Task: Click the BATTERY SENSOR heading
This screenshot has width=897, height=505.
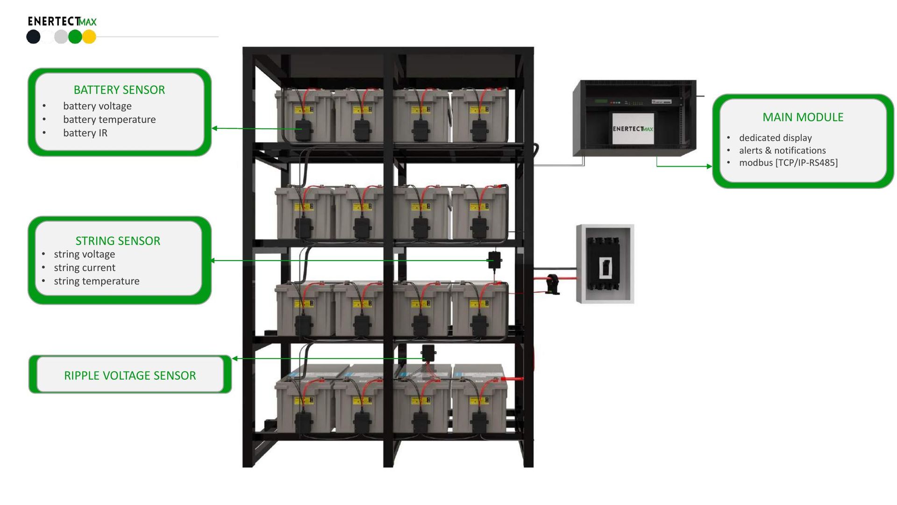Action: pyautogui.click(x=119, y=90)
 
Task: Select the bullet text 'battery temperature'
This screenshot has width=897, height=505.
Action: pyautogui.click(x=109, y=120)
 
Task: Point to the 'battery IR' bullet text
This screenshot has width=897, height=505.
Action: pyautogui.click(x=85, y=133)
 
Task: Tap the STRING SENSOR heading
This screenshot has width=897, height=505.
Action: pyautogui.click(x=118, y=241)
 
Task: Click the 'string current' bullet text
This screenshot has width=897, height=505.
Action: pyautogui.click(x=85, y=268)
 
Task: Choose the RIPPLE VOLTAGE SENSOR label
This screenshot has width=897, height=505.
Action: pyautogui.click(x=130, y=375)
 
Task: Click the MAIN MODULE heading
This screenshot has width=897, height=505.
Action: pyautogui.click(x=803, y=117)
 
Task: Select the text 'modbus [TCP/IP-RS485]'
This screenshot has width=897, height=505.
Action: pyautogui.click(x=788, y=163)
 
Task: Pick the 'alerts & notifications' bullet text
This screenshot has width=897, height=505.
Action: pyautogui.click(x=782, y=151)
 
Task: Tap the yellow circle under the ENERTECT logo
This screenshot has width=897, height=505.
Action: pyautogui.click(x=89, y=36)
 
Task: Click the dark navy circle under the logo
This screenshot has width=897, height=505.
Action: pyautogui.click(x=33, y=36)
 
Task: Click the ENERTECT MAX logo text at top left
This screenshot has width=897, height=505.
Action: pyautogui.click(x=62, y=22)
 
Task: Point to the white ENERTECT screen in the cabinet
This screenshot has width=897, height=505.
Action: pyautogui.click(x=633, y=128)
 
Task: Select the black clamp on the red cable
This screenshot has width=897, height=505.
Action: pyautogui.click(x=553, y=284)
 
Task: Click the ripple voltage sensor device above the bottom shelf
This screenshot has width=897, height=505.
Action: pyautogui.click(x=428, y=353)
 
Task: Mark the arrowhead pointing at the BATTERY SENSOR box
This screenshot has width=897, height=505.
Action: pyautogui.click(x=214, y=128)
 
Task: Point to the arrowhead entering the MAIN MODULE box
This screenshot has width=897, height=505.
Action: pyautogui.click(x=709, y=166)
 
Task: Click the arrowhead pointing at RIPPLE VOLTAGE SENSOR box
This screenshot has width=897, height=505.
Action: pyautogui.click(x=235, y=359)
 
